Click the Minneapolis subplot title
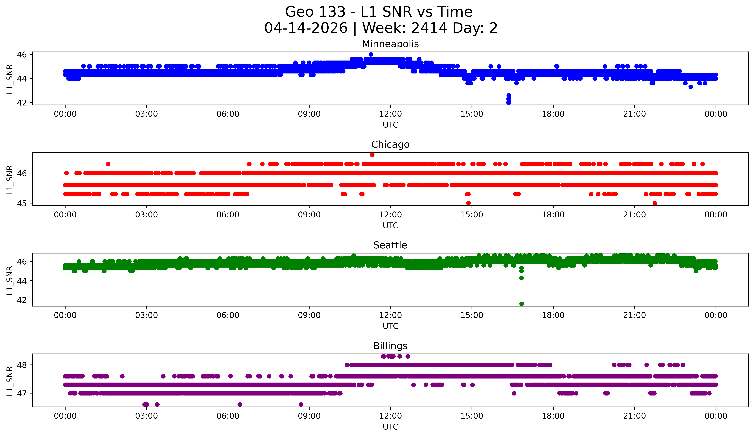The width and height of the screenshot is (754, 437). coord(390,44)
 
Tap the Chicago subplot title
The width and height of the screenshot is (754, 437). coord(390,145)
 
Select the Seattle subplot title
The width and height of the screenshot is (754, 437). coord(390,245)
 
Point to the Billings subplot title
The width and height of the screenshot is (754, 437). coord(390,346)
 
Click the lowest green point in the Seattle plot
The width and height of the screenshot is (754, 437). coord(522,304)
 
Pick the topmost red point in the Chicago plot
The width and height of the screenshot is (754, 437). coord(372,155)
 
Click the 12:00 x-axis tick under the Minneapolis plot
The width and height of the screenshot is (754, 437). coord(390,114)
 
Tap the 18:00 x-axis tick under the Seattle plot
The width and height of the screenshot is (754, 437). coord(553,315)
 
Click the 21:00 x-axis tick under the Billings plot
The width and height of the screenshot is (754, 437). coord(634,416)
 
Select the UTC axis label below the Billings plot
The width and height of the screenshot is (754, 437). coord(390,427)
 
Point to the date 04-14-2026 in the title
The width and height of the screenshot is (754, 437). coord(306,28)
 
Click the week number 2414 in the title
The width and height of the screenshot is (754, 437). coord(429,28)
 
